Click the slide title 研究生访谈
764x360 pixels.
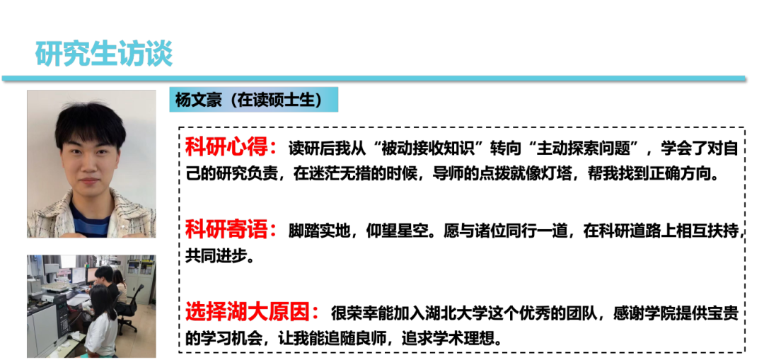[x=104, y=54]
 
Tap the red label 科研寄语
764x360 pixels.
[x=231, y=229]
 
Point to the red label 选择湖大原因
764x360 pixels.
[x=252, y=311]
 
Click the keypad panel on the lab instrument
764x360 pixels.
[x=62, y=323]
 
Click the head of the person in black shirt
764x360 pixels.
[x=103, y=274]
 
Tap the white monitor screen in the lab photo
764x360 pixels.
[x=78, y=275]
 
